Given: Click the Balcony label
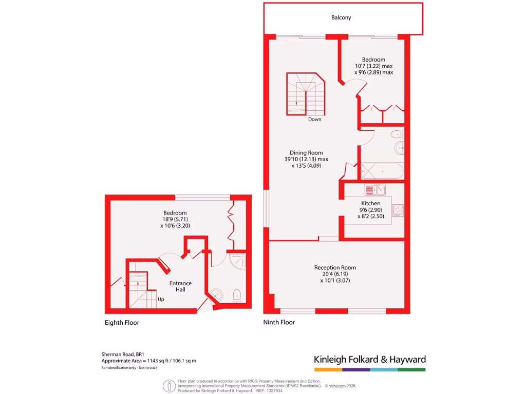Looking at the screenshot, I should coord(341,17).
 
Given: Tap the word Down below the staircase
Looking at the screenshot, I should coord(315,120).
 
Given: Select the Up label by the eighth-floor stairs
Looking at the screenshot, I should coord(161,299).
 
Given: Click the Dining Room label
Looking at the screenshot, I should coord(306,153).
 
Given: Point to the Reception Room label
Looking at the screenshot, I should coord(335,268).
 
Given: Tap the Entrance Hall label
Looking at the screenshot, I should coord(181,286).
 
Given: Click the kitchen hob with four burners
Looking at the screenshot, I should coord(398,210).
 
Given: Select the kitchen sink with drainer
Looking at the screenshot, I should coord(375,190).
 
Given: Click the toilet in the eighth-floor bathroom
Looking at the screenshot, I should coord(237,295).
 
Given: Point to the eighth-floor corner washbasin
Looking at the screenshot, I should coord(217,294).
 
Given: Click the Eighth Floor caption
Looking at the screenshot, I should coord(122,323).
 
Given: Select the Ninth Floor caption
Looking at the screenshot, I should coord(279,323).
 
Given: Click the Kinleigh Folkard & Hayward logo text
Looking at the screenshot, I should coord(369,360).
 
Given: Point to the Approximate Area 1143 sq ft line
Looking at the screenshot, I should coord(148,361).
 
